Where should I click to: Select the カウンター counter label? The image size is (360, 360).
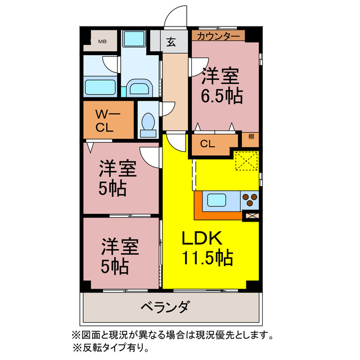click(x=218, y=35)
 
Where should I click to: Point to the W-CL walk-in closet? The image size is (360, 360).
click(x=109, y=119)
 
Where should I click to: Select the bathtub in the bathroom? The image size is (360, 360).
click(x=101, y=87)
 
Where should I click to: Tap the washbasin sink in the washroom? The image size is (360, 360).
click(x=138, y=87)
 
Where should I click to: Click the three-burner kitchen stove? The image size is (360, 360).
click(x=250, y=199)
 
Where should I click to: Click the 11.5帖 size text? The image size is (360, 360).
click(x=207, y=259)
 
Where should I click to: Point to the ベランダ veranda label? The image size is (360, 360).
click(x=164, y=308)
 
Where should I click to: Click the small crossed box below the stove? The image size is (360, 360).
click(x=251, y=215)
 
